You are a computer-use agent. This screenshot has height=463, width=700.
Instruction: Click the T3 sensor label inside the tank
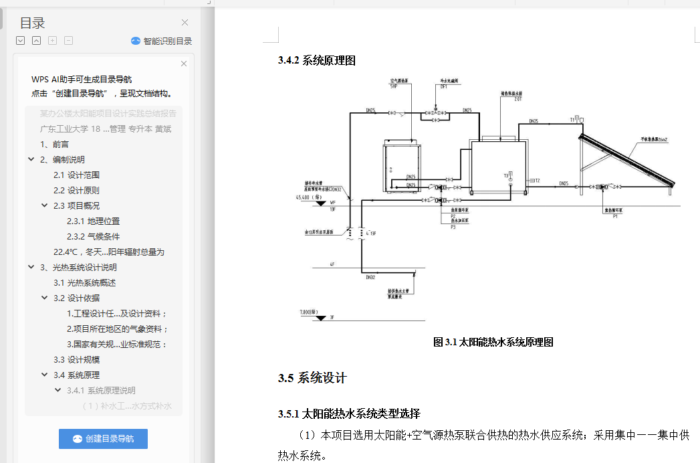[x=506, y=175]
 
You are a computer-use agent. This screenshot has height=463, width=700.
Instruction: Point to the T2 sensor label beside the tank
[x=536, y=181]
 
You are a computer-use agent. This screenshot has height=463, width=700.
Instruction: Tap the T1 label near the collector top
[x=573, y=119]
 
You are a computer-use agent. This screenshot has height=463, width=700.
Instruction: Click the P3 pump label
[x=453, y=227]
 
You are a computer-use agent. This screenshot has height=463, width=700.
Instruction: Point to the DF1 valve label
[x=443, y=86]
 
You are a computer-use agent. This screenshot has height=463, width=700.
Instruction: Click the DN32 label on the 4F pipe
[x=371, y=277]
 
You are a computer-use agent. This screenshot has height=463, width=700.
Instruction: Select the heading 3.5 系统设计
[x=312, y=378]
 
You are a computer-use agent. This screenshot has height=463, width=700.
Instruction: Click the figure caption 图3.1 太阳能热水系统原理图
[x=493, y=342]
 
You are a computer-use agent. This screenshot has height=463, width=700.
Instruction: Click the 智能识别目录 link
[x=167, y=41]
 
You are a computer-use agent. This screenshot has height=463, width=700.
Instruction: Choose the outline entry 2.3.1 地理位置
[x=93, y=221]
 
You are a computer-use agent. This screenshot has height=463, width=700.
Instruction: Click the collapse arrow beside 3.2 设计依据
[x=45, y=298]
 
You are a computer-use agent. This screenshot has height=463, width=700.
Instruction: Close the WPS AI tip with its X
[x=184, y=64]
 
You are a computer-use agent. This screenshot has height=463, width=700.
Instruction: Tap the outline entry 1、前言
[x=54, y=144]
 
